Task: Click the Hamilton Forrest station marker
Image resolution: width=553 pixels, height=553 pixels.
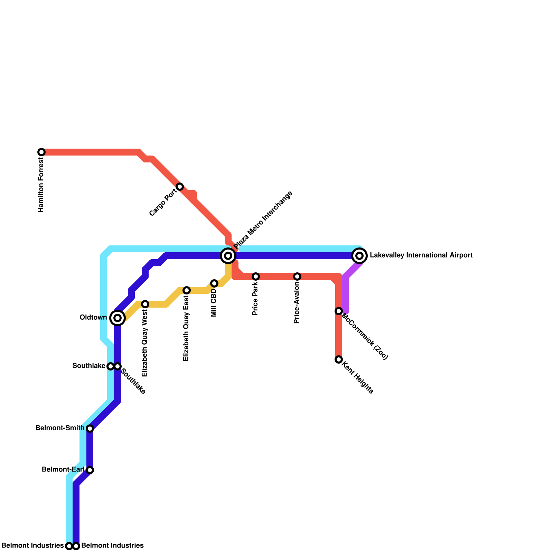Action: pyautogui.click(x=41, y=152)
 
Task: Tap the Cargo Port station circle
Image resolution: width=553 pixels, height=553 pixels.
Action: pyautogui.click(x=180, y=187)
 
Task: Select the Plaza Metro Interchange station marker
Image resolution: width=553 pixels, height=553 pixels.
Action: pyautogui.click(x=228, y=256)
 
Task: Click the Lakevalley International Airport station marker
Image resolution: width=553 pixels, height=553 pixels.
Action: pyautogui.click(x=359, y=256)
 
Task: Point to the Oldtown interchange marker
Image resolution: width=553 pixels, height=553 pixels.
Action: pyautogui.click(x=118, y=318)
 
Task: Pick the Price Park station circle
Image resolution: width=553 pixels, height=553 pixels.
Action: pyautogui.click(x=256, y=276)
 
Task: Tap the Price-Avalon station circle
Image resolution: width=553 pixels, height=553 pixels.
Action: pyautogui.click(x=297, y=276)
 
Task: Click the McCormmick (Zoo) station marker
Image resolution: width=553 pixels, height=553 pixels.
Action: pyautogui.click(x=339, y=311)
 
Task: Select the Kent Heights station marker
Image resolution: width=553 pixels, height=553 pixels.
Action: pyautogui.click(x=339, y=359)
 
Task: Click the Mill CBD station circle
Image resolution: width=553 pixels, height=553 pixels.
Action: pyautogui.click(x=214, y=283)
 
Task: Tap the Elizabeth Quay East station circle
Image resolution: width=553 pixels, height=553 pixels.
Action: pyautogui.click(x=187, y=290)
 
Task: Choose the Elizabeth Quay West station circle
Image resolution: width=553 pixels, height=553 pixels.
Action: pyautogui.click(x=145, y=304)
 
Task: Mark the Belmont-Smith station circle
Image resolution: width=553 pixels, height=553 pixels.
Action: pyautogui.click(x=90, y=429)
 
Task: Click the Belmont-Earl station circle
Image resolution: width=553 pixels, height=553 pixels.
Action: pyautogui.click(x=90, y=470)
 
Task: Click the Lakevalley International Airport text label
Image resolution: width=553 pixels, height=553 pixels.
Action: pyautogui.click(x=421, y=255)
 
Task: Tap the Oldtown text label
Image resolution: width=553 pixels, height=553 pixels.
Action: pyautogui.click(x=93, y=318)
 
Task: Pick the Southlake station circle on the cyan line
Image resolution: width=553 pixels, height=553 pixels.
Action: pyautogui.click(x=110, y=366)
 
